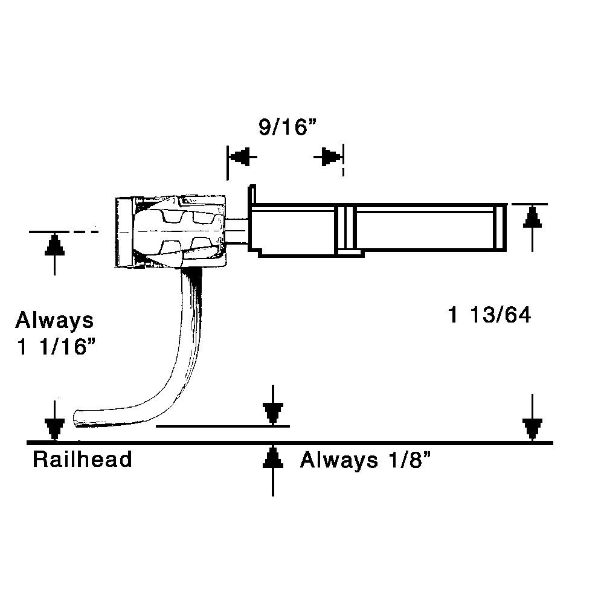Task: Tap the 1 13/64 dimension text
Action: point(489,315)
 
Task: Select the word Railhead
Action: point(82,460)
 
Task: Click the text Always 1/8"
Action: point(366,461)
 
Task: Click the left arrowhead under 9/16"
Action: point(241,157)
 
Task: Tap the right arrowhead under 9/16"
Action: point(329,157)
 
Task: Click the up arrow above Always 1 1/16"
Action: point(55,245)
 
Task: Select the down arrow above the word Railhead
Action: point(55,428)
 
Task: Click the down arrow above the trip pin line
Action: point(274,414)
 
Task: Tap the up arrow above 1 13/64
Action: point(531,217)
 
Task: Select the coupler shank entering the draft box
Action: point(237,230)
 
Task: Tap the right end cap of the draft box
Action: point(500,228)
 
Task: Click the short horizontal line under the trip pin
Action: point(217,426)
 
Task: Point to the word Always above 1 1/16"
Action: point(54,320)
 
